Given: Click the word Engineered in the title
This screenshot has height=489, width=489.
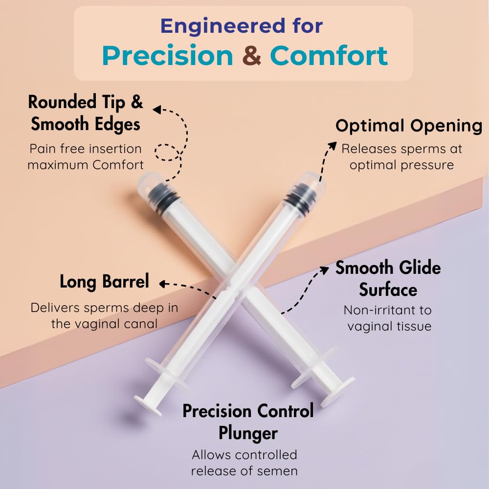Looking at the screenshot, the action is point(223,26).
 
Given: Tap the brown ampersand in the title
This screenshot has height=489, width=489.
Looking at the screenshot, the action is point(251,56).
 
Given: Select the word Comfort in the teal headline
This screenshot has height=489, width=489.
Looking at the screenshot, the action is point(329,56).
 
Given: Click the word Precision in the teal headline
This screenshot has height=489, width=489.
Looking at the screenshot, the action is point(167,56).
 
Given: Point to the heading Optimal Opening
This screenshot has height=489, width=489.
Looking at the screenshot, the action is point(409,126).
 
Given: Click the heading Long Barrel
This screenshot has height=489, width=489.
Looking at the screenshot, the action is point(104,282).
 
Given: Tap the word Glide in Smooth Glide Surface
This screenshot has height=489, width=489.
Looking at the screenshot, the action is point(420,267).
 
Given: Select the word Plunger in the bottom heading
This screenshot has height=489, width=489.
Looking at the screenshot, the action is point(248,433).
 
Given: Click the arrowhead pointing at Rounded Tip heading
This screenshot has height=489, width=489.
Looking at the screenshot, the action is point(156,110).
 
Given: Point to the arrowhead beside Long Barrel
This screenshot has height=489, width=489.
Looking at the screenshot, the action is point(163,284).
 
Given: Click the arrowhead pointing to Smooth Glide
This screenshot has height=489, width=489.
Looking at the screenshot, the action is point(325,270).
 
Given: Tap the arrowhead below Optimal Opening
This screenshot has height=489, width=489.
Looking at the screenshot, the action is point(333,146).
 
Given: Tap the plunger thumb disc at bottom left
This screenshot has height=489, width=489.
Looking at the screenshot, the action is point(148,405).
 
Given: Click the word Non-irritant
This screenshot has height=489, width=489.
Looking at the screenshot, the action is point(381,311).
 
